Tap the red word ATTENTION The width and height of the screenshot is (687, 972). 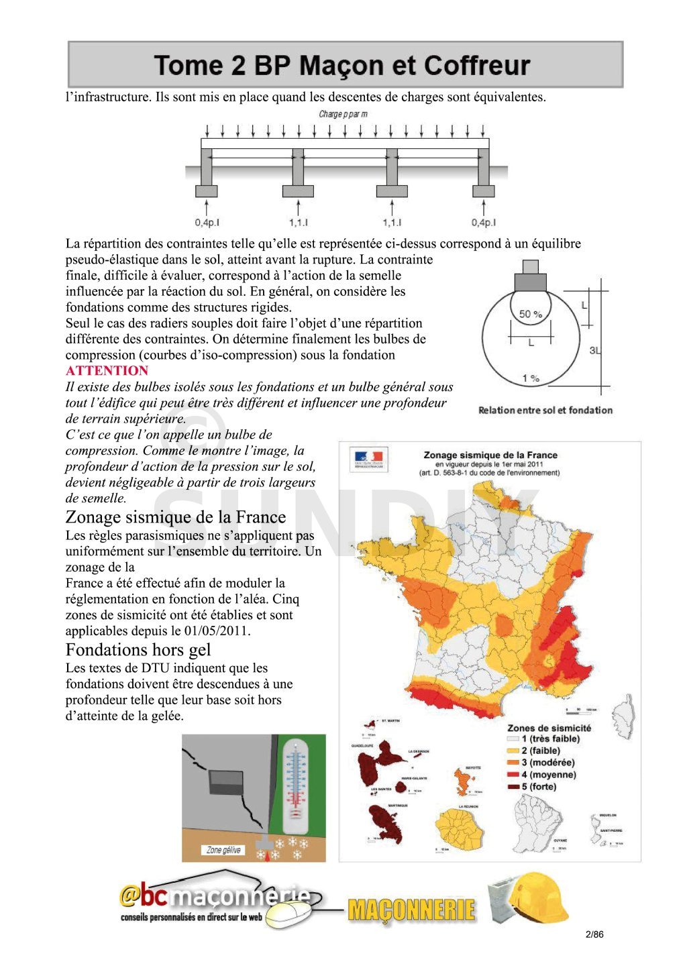tap(107, 371)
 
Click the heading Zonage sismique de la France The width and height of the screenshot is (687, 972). tap(176, 517)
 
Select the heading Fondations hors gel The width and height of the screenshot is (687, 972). tap(138, 649)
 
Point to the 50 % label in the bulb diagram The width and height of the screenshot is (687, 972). tap(531, 314)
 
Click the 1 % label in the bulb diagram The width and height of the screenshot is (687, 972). tap(531, 378)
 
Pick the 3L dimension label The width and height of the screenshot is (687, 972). tap(595, 350)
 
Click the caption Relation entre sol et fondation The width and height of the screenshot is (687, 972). tap(545, 410)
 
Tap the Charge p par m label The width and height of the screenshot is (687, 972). tap(343, 114)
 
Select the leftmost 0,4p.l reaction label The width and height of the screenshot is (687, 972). tap(207, 223)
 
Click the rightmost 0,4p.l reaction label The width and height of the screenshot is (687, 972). tap(484, 223)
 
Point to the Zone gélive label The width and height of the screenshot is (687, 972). tap(223, 850)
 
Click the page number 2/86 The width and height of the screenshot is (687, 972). tap(594, 934)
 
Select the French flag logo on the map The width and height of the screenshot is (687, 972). tap(368, 459)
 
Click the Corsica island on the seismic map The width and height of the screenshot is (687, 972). tap(625, 716)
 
